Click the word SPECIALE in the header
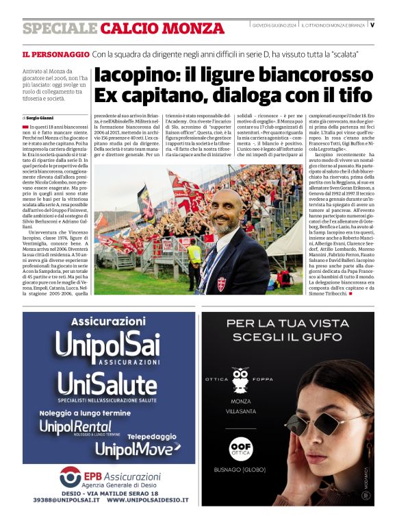click(60, 29)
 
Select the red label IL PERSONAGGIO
click(55, 53)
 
